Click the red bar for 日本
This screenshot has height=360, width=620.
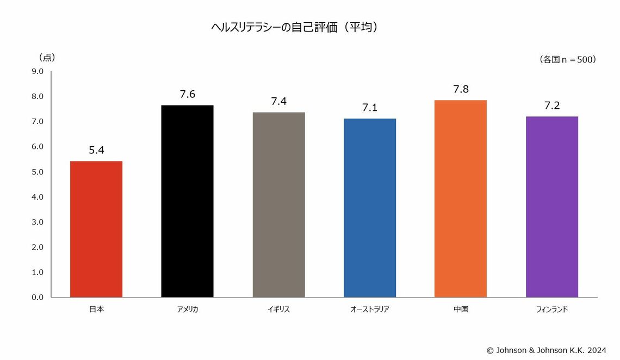pyautogui.click(x=96, y=229)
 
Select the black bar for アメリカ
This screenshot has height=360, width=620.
pyautogui.click(x=187, y=201)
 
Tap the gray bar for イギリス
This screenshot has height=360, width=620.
pyautogui.click(x=278, y=204)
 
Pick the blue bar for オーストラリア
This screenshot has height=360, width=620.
pyautogui.click(x=370, y=208)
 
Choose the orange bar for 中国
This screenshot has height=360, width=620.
pyautogui.click(x=461, y=198)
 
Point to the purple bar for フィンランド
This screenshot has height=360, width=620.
pyautogui.click(x=552, y=207)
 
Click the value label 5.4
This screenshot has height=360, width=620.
pyautogui.click(x=96, y=150)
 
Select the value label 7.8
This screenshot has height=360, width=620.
pyautogui.click(x=461, y=89)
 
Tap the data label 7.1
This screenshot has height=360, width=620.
pyautogui.click(x=370, y=108)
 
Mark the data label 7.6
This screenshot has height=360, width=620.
pyautogui.click(x=187, y=94)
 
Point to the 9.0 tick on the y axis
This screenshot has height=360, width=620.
pyautogui.click(x=38, y=71)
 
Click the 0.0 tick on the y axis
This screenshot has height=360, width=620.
pyautogui.click(x=38, y=297)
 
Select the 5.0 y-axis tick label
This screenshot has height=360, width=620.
pyautogui.click(x=38, y=172)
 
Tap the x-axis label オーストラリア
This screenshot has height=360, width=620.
pyautogui.click(x=370, y=309)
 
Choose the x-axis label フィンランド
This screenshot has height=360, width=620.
pyautogui.click(x=552, y=309)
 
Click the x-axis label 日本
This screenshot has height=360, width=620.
pyautogui.click(x=96, y=309)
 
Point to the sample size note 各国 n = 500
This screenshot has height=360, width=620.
pyautogui.click(x=568, y=59)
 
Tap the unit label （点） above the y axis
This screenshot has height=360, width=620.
pyautogui.click(x=47, y=57)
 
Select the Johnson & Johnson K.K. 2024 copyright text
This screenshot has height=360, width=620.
pyautogui.click(x=546, y=350)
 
